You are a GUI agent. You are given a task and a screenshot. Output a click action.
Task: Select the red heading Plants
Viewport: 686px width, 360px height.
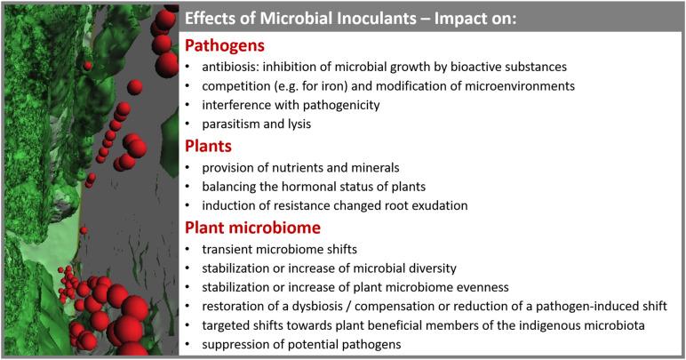(x=209, y=145)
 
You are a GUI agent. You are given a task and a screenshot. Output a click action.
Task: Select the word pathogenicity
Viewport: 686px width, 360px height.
(x=337, y=105)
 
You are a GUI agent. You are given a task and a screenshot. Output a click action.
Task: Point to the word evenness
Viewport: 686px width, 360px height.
(x=459, y=286)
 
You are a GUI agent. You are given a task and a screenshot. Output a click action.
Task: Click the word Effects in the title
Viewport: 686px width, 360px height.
(x=211, y=18)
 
